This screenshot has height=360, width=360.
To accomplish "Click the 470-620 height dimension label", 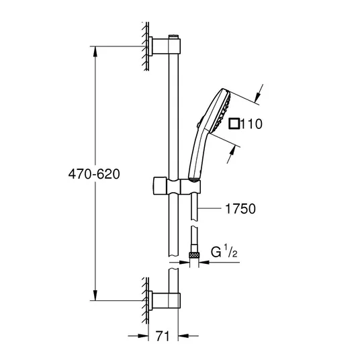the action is click(x=94, y=174).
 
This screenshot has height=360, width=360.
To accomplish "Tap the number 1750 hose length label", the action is click(x=240, y=209).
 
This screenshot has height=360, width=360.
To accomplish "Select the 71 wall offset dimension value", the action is click(x=163, y=336).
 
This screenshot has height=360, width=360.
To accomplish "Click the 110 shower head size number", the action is click(x=252, y=124).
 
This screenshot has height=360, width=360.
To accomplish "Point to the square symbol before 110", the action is click(x=234, y=124).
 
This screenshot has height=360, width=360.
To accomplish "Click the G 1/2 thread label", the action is click(x=224, y=251).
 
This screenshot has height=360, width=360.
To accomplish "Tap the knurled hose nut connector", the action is click(x=194, y=255).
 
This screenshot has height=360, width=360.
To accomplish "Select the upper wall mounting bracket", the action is click(x=165, y=46).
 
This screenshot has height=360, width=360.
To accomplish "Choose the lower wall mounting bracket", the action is click(x=165, y=300).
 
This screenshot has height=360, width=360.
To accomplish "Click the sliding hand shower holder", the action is click(x=177, y=185).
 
